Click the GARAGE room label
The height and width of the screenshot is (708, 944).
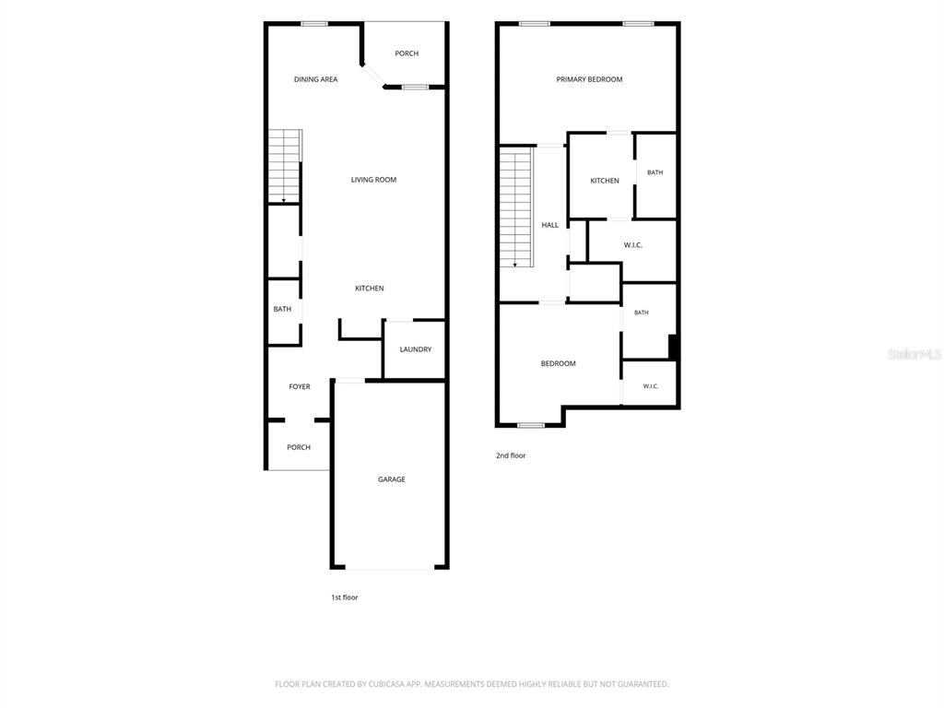(x=391, y=479)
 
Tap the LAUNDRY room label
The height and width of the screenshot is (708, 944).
(x=416, y=349)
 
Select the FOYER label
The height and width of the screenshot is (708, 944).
(x=300, y=386)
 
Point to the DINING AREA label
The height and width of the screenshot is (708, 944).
(x=315, y=79)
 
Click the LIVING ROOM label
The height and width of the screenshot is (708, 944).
(x=373, y=180)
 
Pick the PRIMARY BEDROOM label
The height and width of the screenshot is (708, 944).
(x=589, y=79)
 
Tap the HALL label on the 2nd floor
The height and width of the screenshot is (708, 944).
(x=549, y=225)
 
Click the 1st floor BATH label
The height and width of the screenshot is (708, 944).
(x=282, y=309)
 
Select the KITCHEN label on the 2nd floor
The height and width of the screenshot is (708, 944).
(x=605, y=181)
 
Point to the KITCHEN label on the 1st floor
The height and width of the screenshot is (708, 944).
(x=369, y=289)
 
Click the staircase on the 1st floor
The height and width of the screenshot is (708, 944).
(x=284, y=166)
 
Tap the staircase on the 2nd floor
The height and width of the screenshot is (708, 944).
(x=516, y=207)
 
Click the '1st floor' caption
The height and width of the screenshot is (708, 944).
(x=345, y=597)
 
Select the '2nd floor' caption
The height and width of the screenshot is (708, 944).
(x=511, y=455)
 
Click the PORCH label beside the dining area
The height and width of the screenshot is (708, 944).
(x=407, y=53)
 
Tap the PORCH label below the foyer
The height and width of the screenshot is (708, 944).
(x=299, y=447)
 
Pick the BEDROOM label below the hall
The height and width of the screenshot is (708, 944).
(x=558, y=363)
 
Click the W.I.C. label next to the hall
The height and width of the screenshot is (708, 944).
(x=632, y=245)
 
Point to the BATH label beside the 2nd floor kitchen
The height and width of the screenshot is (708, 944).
(x=655, y=172)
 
